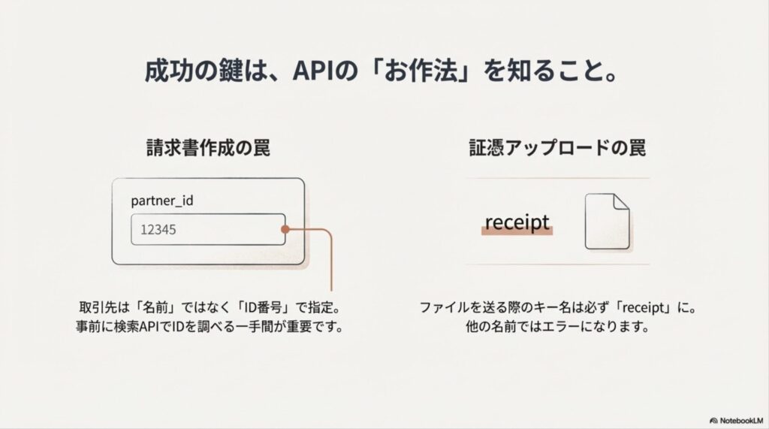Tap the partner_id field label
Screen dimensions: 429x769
(x=163, y=201)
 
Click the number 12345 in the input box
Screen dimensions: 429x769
(x=158, y=231)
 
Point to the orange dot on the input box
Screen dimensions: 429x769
(x=286, y=231)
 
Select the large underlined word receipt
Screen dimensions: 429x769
(x=517, y=222)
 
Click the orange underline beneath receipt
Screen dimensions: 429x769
(x=517, y=234)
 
